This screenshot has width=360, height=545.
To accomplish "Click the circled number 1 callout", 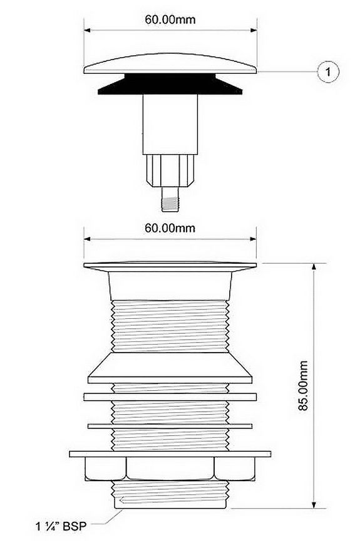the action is coord(327,72).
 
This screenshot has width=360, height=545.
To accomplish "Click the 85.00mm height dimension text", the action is coord(304,385).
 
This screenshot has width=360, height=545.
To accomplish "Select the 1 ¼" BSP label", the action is coord(61,526).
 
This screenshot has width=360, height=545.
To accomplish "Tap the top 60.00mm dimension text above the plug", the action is coord(170,19).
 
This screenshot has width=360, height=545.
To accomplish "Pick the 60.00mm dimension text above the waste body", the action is coord(170,228).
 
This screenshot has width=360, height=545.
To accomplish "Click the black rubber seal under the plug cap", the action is coord(170,84).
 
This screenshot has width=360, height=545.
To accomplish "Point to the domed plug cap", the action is coord(170,64).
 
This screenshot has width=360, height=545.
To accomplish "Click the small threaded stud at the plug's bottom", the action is coord(170,199).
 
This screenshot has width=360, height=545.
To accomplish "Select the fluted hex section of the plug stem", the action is coord(170,171).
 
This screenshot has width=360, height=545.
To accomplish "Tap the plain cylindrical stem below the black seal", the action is coord(170,125).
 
